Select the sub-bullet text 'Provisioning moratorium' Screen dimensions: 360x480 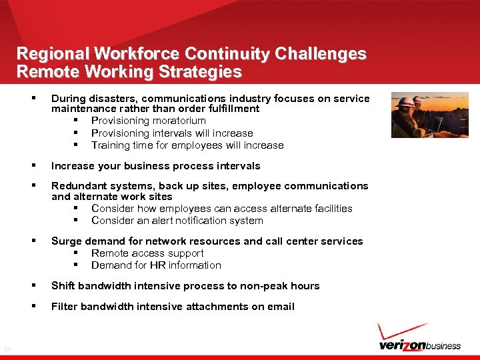pos(148,121)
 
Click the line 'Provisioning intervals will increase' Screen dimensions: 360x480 pos(172,133)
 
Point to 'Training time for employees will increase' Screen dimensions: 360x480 pos(187,145)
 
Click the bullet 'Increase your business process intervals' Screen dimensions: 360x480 pos(155,166)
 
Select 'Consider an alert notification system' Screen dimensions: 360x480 pos(177,221)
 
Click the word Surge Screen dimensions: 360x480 pos(65,241)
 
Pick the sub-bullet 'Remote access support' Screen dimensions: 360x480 pos(147,253)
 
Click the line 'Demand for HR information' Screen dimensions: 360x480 pos(156,265)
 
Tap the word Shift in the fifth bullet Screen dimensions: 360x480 pos(63,286)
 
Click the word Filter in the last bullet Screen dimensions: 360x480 pos(64,307)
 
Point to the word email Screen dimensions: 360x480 pos(281,307)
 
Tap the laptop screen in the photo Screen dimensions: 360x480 pos(437,124)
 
